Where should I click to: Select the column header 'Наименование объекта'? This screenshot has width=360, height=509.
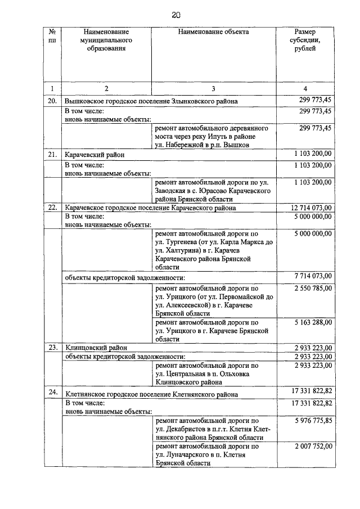(x=213, y=33)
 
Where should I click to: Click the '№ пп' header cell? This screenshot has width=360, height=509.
(x=52, y=37)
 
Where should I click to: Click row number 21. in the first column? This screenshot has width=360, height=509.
(x=52, y=154)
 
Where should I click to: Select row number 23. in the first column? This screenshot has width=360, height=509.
(x=52, y=348)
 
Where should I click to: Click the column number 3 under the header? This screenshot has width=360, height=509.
(x=213, y=88)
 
